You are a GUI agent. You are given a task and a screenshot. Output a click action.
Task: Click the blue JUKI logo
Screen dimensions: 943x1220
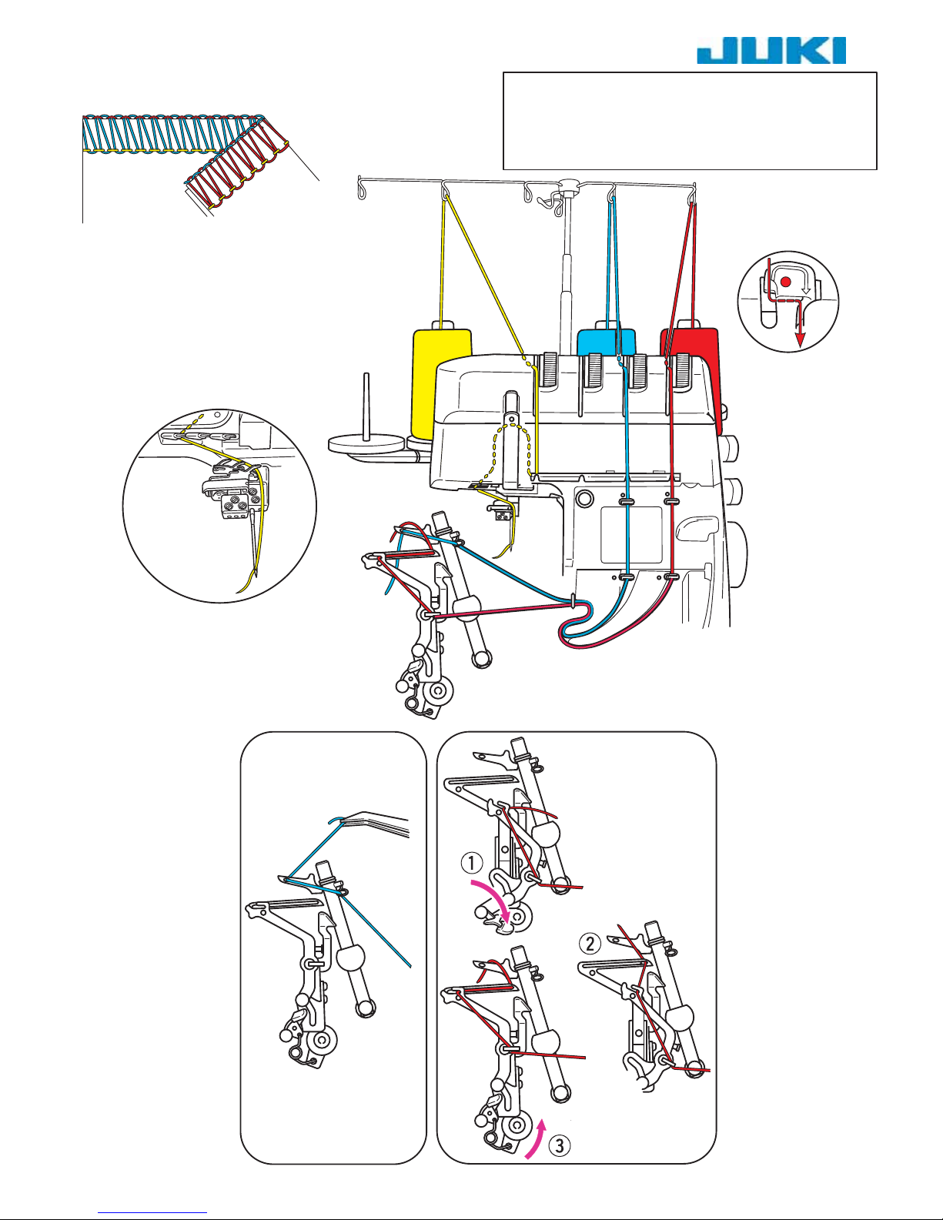pyautogui.click(x=771, y=51)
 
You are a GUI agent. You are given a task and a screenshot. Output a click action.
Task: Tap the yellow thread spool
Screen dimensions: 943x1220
pyautogui.click(x=442, y=383)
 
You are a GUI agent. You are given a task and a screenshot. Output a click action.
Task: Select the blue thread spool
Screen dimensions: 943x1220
pyautogui.click(x=607, y=342)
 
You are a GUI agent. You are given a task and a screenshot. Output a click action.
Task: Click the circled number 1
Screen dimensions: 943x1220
pyautogui.click(x=471, y=862)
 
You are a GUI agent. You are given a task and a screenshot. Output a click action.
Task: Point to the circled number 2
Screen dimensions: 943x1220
pyautogui.click(x=590, y=943)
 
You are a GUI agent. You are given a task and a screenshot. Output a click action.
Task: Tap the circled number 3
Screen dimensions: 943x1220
pyautogui.click(x=560, y=1145)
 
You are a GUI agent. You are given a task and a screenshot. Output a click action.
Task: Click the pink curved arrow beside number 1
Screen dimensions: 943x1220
pyautogui.click(x=492, y=900)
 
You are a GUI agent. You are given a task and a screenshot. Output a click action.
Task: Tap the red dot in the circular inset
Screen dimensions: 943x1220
pyautogui.click(x=786, y=281)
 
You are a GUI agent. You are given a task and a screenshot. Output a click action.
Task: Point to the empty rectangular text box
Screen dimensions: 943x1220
pyautogui.click(x=690, y=121)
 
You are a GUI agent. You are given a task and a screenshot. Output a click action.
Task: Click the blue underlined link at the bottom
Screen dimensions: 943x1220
pyautogui.click(x=152, y=1211)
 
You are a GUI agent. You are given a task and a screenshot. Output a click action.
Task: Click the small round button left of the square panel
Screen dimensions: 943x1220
pyautogui.click(x=584, y=497)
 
